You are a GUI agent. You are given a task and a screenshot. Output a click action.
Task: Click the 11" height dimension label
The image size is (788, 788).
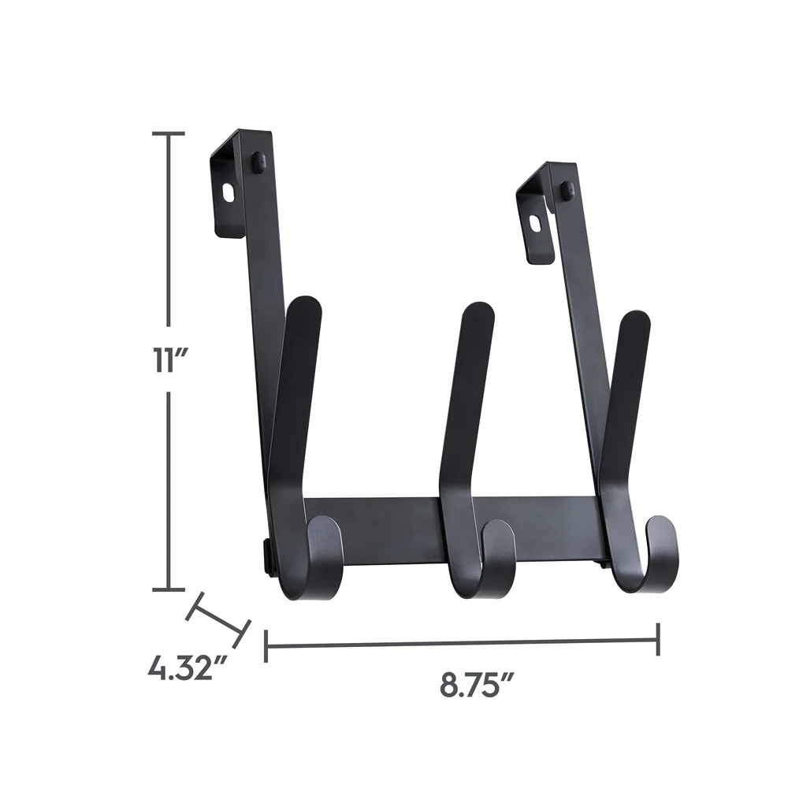[x=168, y=361]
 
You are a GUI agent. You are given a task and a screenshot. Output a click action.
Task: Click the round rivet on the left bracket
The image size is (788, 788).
[x=257, y=162]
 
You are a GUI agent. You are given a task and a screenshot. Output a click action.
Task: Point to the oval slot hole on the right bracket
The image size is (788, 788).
[x=536, y=223]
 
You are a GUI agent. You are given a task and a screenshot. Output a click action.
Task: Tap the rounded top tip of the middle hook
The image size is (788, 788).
[x=478, y=311]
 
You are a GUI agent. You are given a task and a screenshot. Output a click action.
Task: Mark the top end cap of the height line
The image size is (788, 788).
[x=168, y=134]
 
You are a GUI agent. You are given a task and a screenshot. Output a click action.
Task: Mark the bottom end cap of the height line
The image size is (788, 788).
[x=168, y=589]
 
